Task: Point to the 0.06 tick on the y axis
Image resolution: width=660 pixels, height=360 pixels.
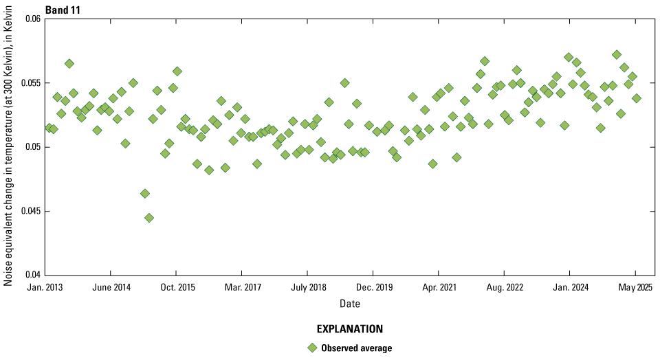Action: point(32,19)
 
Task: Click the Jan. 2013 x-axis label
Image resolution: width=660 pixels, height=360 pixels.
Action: point(44,286)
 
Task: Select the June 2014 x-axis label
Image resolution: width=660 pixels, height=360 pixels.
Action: point(111,286)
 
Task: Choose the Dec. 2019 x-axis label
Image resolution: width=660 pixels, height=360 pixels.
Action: point(373,286)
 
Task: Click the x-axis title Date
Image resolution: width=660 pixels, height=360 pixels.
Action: point(349,304)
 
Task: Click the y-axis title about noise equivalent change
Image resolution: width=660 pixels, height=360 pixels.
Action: point(9,147)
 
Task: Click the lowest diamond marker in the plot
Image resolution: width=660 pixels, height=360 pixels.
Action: point(149,218)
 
